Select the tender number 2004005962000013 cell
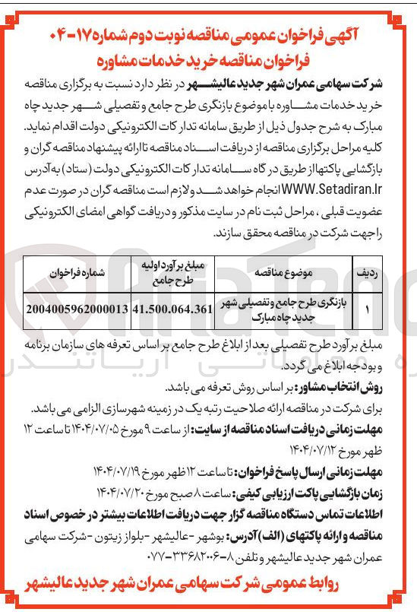[x=75, y=309]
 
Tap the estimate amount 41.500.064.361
[x=172, y=309]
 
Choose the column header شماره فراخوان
[x=77, y=271]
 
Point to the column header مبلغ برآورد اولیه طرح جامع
[x=172, y=271]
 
